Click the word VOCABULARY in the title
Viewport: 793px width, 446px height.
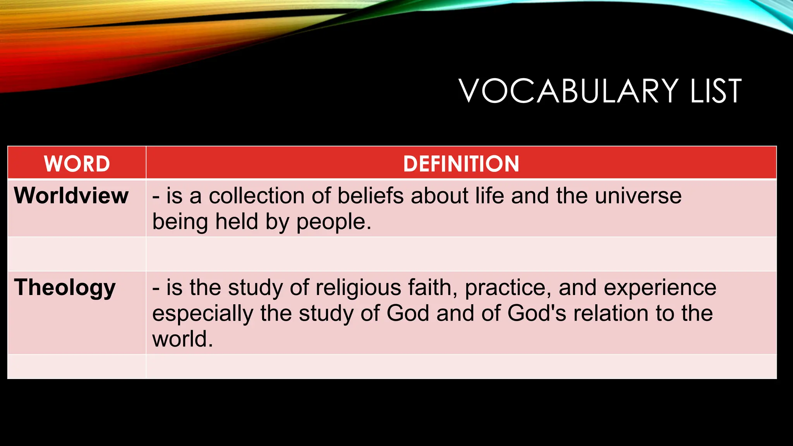[568, 91]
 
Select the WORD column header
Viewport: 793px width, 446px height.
[77, 163]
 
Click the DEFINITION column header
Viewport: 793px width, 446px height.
[461, 163]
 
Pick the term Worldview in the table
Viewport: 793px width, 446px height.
[71, 196]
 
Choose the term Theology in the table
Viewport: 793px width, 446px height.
[65, 288]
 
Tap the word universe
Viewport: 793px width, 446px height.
[638, 196]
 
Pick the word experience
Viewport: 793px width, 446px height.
[660, 288]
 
